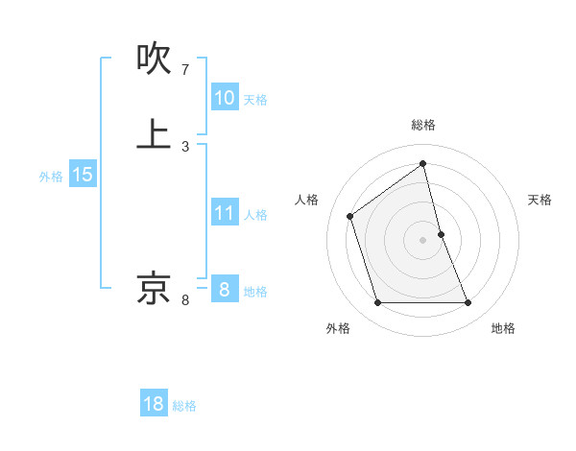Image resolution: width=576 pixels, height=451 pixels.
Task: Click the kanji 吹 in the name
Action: tap(155, 59)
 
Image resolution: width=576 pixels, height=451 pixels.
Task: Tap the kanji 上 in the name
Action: tap(155, 133)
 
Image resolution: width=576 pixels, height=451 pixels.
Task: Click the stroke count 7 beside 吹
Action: tap(185, 70)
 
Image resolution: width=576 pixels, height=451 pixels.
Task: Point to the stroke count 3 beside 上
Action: tap(185, 146)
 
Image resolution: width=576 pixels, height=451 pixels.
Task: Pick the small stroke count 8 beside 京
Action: tap(185, 300)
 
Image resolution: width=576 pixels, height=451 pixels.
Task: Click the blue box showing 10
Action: tap(224, 98)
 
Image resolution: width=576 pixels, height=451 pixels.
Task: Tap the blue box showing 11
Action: tap(224, 213)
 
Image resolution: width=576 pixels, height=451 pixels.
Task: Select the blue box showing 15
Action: tap(82, 175)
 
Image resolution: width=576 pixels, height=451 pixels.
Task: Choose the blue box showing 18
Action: tap(154, 404)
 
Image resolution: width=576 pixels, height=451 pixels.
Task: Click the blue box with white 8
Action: tap(224, 290)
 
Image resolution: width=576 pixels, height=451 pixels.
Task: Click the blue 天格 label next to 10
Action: tap(255, 100)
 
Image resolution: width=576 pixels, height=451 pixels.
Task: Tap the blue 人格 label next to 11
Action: tap(255, 215)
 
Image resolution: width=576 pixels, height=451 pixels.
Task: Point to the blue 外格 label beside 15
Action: tap(51, 177)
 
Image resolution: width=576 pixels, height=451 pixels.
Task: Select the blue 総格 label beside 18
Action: tap(184, 406)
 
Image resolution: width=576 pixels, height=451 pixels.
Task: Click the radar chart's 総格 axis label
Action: tap(423, 125)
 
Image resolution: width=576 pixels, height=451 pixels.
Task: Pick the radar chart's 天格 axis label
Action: tap(540, 200)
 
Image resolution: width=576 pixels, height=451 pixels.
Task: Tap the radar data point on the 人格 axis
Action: tap(350, 216)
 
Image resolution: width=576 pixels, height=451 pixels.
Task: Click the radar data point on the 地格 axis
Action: tap(468, 303)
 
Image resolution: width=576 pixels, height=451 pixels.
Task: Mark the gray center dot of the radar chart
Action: tap(423, 240)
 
